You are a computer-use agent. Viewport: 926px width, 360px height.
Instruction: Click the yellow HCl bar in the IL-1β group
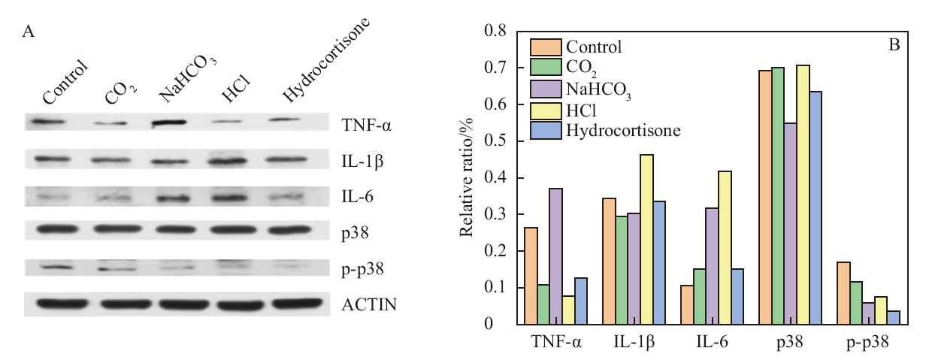pos(646,239)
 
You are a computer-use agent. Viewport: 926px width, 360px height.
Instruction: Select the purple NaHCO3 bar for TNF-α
pos(555,256)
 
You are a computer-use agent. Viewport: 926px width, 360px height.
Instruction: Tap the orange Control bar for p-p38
pos(843,293)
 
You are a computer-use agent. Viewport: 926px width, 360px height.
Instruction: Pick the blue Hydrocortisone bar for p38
pos(816,208)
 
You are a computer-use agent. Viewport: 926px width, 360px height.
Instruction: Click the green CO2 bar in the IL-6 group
pos(700,297)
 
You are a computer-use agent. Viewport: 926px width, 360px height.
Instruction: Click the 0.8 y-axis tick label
pos(495,31)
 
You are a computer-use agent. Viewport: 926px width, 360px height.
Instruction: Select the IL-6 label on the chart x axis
pos(712,342)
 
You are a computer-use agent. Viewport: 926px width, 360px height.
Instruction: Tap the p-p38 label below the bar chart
pos(867,343)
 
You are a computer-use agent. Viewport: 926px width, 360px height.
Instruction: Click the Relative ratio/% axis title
pos(467,177)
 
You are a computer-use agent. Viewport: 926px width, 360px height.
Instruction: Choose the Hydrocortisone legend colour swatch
pos(546,130)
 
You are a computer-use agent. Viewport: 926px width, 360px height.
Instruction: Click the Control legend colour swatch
pos(546,47)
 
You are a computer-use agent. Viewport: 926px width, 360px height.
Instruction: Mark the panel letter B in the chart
pos(894,45)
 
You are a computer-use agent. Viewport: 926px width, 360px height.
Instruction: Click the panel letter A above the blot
pos(28,32)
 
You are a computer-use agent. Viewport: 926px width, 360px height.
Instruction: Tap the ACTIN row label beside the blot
pos(369,304)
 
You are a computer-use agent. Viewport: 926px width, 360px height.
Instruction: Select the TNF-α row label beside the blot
pos(366,125)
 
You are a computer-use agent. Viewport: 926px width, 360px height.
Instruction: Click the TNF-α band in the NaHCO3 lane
pos(168,123)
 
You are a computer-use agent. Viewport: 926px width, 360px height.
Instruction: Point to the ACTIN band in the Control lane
pos(62,304)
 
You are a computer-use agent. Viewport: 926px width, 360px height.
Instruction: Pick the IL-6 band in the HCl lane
pos(228,198)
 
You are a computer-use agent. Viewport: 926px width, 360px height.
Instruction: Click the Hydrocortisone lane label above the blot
pos(325,60)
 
